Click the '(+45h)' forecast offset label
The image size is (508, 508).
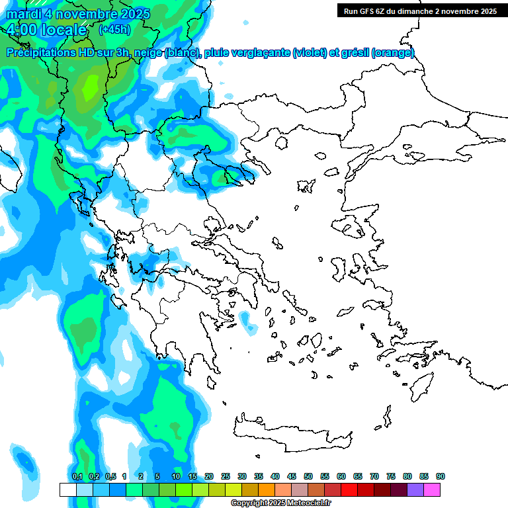pyautogui.click(x=114, y=29)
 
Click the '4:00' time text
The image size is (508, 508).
pyautogui.click(x=22, y=30)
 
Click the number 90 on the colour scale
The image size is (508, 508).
pyautogui.click(x=441, y=476)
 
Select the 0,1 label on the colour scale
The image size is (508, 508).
pyautogui.click(x=77, y=476)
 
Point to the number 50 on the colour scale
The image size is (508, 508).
pyautogui.click(x=308, y=476)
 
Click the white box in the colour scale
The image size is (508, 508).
pyautogui.click(x=68, y=489)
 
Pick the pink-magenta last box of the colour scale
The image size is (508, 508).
pyautogui.click(x=432, y=489)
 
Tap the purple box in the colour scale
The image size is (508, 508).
pyautogui.click(x=415, y=489)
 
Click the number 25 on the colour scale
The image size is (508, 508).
pyautogui.click(x=226, y=476)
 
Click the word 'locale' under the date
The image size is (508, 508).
pyautogui.click(x=63, y=30)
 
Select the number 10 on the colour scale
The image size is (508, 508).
pyautogui.click(x=176, y=476)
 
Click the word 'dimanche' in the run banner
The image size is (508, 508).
pyautogui.click(x=422, y=11)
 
